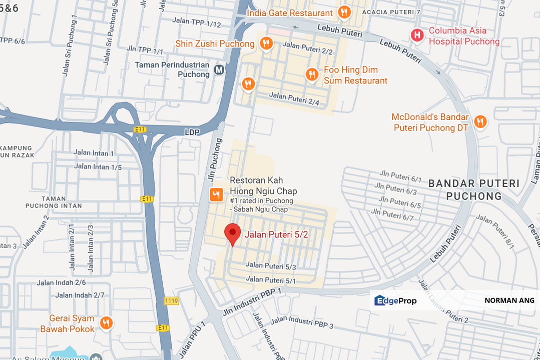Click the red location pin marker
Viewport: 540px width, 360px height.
[232, 233]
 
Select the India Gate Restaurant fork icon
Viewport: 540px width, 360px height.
[344, 12]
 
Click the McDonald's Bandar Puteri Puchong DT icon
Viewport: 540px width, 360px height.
[480, 121]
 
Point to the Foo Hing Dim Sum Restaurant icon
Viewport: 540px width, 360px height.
[312, 74]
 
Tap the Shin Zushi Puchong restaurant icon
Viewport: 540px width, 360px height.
[266, 43]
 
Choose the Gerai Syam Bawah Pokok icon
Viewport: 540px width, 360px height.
[106, 323]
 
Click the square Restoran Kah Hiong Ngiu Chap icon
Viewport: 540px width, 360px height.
[216, 194]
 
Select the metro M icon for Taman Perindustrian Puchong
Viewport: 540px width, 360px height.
[219, 69]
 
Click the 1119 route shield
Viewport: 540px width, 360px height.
[172, 301]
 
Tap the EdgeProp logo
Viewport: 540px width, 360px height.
[395, 300]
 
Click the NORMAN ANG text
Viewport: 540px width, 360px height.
[509, 300]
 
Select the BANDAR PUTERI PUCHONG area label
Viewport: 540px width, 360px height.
[474, 189]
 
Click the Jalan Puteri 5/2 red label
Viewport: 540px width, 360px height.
[276, 233]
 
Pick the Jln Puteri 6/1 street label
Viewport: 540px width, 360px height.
[400, 176]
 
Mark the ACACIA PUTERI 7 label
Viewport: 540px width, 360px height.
[391, 11]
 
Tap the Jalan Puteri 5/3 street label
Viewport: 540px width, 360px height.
[271, 266]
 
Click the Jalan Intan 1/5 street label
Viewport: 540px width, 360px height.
[98, 166]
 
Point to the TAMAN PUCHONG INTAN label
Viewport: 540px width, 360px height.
[54, 202]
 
